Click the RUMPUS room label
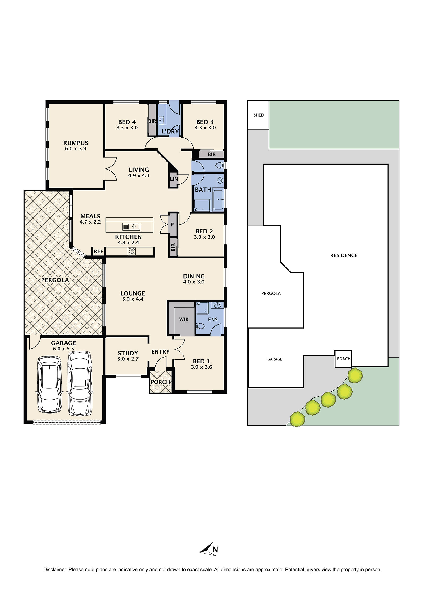click(x=76, y=143)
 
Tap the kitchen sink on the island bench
click(x=131, y=226)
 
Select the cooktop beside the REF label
click(x=132, y=251)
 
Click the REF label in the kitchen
click(x=98, y=251)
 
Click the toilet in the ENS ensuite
click(x=200, y=326)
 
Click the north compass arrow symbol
click(x=208, y=549)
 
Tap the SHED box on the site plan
click(x=258, y=115)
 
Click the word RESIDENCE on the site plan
click(x=344, y=255)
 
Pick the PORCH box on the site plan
click(x=343, y=359)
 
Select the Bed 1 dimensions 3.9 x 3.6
click(x=201, y=367)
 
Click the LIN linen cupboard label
click(x=174, y=179)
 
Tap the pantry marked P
click(x=172, y=224)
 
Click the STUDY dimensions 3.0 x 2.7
click(x=128, y=359)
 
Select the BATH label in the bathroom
click(x=203, y=190)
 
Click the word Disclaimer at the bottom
click(x=55, y=569)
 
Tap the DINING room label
click(x=194, y=276)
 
